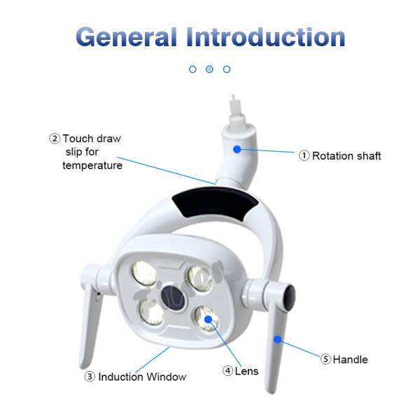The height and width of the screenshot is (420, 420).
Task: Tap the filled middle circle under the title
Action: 209,69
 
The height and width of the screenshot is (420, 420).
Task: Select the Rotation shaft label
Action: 346,155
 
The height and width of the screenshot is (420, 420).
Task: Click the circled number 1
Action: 304,155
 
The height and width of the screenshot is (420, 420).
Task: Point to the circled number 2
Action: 55,139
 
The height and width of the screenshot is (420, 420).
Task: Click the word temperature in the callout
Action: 92,165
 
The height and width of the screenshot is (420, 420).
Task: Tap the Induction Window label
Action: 142,377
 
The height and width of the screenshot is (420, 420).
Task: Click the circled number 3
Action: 90,377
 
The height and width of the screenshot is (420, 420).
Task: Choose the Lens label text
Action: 246,371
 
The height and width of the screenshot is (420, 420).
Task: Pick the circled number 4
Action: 227,371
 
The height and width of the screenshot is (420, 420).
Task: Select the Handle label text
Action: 351,360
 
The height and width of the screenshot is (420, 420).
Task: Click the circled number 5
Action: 325,359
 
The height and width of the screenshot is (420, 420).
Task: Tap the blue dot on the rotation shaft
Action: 237,149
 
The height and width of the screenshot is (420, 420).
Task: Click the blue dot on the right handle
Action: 277,339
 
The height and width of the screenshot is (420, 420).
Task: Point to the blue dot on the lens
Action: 208,319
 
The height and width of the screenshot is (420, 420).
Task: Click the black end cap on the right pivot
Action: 290,297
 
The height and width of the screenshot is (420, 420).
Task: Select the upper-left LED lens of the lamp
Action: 143,273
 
